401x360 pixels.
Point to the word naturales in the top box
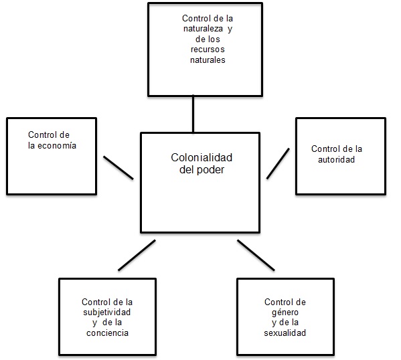(207, 60)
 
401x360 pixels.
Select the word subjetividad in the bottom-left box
(107, 312)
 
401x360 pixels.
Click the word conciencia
(107, 333)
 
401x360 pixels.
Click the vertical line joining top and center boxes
(193, 114)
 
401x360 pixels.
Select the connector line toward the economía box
(118, 167)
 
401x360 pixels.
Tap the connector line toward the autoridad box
(278, 163)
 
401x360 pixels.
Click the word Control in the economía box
(42, 135)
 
